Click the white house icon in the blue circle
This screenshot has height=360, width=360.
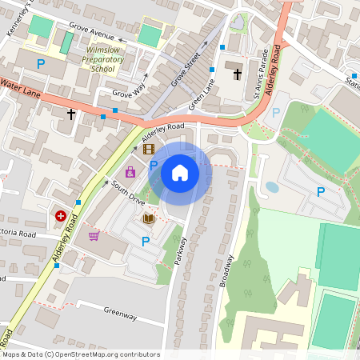(180, 172)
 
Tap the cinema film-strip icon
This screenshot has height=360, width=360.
(148, 149)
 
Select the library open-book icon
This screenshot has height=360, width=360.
(148, 218)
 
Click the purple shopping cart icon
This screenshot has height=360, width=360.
(94, 235)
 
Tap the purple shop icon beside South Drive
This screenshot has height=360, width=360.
(130, 171)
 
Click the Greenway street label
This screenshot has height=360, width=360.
(120, 314)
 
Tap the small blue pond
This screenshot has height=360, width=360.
(272, 187)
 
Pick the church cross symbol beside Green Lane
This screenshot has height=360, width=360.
(237, 74)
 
